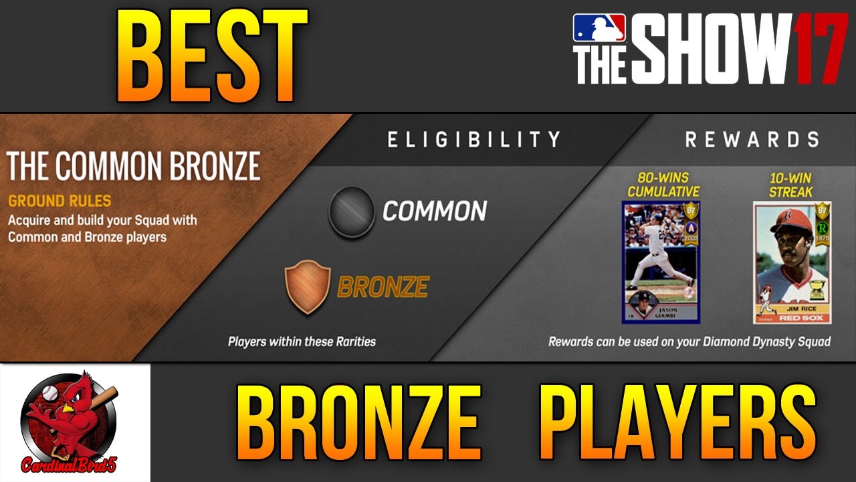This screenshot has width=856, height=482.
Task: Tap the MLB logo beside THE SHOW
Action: [x=599, y=28]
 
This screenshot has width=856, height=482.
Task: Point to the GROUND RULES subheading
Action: [x=60, y=201]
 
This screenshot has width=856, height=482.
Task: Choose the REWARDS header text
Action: [x=752, y=139]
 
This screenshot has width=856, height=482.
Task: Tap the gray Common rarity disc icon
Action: [x=351, y=212]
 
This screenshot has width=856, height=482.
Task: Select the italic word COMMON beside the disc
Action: [x=435, y=212]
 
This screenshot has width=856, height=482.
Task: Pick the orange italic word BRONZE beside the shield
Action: [x=383, y=287]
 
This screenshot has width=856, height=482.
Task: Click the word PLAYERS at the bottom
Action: [x=677, y=424]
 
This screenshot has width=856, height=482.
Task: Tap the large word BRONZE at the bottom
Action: [x=359, y=424]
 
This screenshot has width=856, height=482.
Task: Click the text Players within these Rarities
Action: [x=302, y=341]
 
